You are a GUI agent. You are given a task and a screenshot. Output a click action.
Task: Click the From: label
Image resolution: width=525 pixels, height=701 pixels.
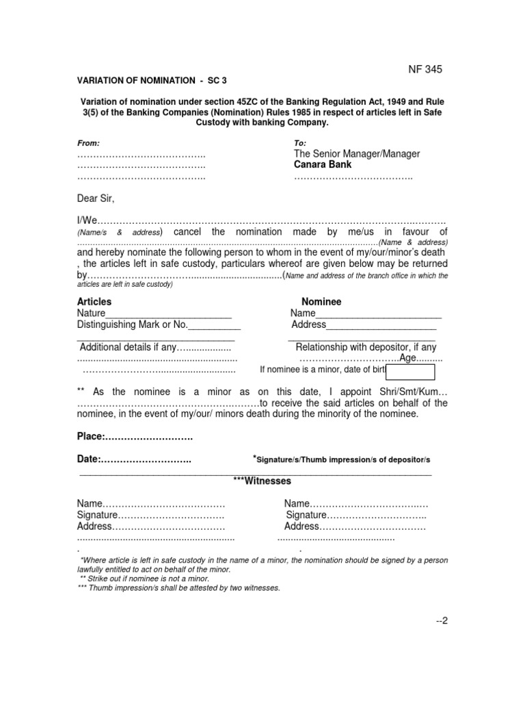click(88, 143)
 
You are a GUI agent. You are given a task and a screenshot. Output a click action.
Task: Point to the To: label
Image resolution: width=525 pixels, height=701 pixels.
click(299, 143)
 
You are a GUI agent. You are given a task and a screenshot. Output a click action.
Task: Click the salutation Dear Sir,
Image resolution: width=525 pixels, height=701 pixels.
click(96, 199)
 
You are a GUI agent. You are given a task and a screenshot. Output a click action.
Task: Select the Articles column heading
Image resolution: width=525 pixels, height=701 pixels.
click(94, 302)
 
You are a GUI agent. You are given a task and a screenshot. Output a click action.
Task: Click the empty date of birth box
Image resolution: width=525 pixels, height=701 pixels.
click(411, 372)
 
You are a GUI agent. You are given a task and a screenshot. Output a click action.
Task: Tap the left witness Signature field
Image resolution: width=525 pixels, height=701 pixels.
click(150, 515)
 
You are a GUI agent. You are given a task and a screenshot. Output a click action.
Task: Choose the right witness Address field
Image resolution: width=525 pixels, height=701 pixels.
click(354, 526)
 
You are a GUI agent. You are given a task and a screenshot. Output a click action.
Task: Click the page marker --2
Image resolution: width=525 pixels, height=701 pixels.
click(441, 620)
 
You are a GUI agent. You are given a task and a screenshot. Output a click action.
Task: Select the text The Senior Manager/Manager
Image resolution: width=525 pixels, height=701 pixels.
click(358, 154)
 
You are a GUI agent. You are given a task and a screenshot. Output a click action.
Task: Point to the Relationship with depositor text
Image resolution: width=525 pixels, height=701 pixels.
click(366, 347)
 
